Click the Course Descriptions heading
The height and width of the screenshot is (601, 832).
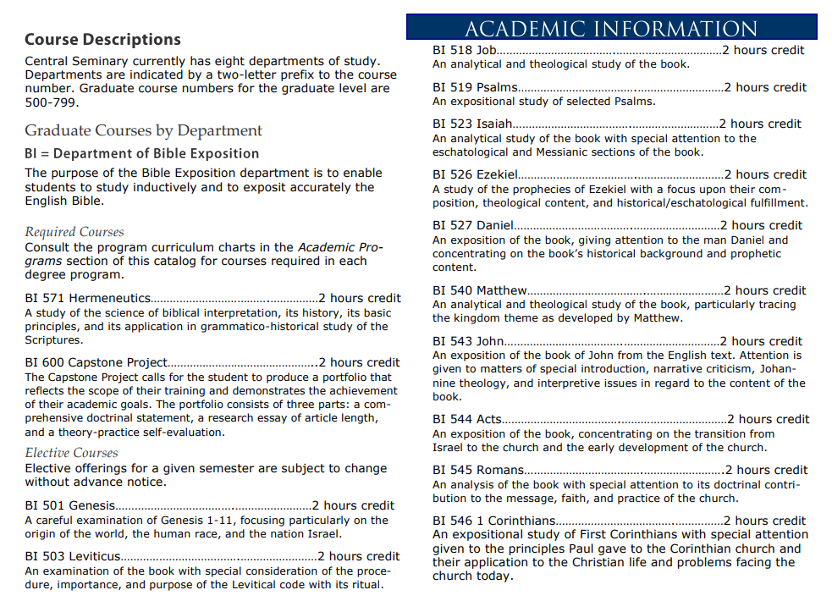(102, 40)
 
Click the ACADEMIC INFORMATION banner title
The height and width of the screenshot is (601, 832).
(611, 28)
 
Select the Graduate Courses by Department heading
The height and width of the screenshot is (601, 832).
(143, 130)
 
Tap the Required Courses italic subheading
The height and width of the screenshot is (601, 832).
(74, 232)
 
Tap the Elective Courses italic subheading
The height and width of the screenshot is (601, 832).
(72, 453)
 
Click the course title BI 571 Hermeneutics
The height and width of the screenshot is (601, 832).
(88, 298)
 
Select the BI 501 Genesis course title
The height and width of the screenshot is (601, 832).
(70, 505)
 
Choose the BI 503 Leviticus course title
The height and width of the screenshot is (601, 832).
(73, 556)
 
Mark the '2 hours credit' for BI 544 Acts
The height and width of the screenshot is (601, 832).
(768, 419)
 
